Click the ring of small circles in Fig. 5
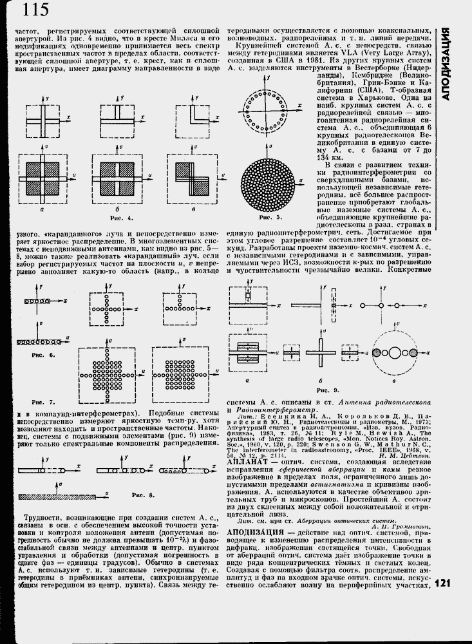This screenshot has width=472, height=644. click(265, 108)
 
